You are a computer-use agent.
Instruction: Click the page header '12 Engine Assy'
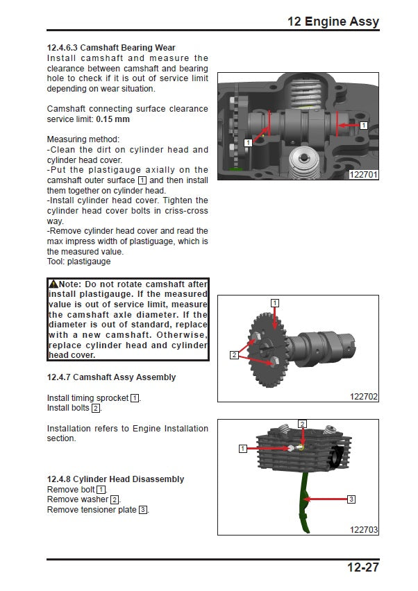coord(333,22)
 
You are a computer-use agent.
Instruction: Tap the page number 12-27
coord(362,568)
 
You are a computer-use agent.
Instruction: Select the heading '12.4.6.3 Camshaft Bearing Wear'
coord(111,48)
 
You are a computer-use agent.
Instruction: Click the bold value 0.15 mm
coord(112,119)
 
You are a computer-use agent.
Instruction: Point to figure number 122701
coord(364,175)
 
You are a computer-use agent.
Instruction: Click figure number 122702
coord(364,397)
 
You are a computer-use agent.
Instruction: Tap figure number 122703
coord(364,529)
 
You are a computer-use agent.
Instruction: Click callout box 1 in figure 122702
coord(275,303)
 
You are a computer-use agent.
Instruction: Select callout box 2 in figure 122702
coord(234,355)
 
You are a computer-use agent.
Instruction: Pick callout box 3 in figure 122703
coord(351,499)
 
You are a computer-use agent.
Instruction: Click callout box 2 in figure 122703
coord(302,423)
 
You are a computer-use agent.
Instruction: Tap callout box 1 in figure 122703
coord(243,449)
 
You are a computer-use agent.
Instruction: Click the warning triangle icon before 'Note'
coord(53,284)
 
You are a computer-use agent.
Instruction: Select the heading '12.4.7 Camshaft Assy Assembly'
coord(111,377)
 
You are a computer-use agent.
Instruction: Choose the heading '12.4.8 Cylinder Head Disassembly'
coord(115,479)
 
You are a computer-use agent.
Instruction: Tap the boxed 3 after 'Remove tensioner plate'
coord(143,510)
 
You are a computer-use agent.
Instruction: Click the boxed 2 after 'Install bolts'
coord(96,408)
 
